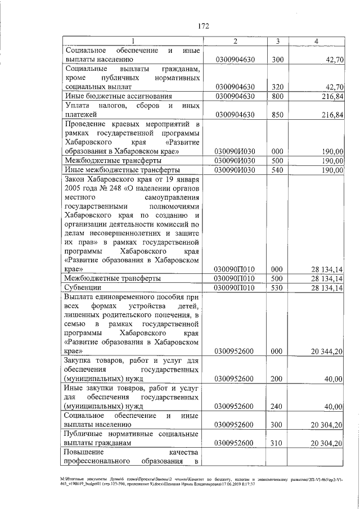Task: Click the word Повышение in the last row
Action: click(x=83, y=452)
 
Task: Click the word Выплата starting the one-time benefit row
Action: click(x=80, y=296)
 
